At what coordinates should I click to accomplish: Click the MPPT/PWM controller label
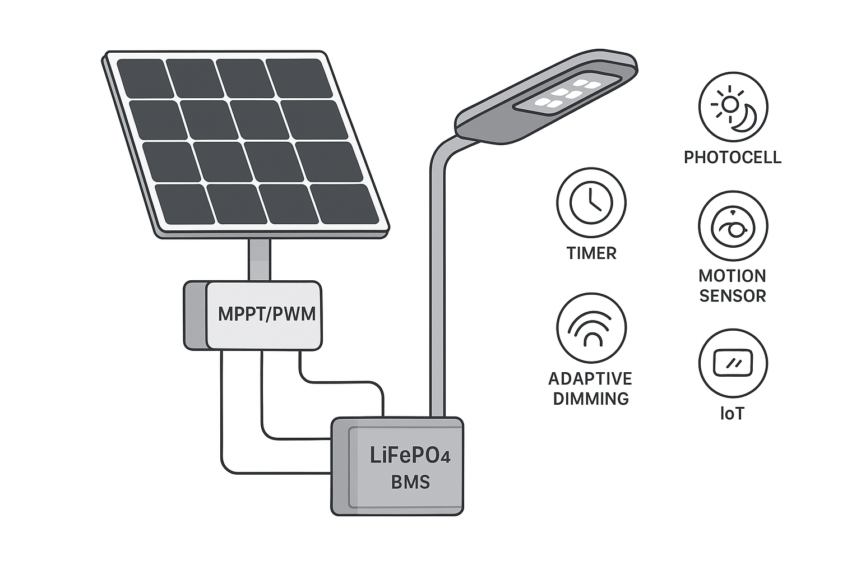coord(266,314)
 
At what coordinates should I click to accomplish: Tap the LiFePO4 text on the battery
coord(410,455)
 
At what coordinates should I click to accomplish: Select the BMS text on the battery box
coord(410,482)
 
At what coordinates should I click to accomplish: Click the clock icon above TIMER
coord(591,202)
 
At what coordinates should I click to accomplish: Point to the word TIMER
coord(591,253)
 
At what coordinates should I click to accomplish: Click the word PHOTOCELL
coord(732,157)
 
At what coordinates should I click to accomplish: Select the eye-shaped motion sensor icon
coord(733,226)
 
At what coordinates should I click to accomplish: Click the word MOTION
coord(732,276)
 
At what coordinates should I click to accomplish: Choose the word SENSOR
coord(732,296)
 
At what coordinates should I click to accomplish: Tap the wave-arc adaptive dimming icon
coord(591,328)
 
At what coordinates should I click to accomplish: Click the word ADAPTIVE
coord(590,379)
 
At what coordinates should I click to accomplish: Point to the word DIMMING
coord(591,399)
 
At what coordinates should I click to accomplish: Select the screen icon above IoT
coord(733,363)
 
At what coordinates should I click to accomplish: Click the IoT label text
coord(732,414)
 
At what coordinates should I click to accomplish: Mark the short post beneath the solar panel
coord(260,260)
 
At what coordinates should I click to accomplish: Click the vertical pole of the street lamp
coord(437,280)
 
